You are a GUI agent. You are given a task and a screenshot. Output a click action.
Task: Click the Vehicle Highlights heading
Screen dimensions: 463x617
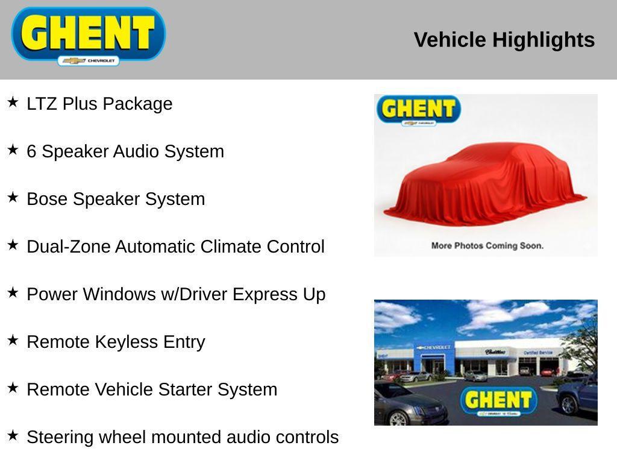504,40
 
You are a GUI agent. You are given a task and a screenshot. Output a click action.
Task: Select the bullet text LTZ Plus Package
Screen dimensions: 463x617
99,104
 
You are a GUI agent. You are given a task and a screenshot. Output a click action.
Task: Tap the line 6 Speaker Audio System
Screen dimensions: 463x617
125,151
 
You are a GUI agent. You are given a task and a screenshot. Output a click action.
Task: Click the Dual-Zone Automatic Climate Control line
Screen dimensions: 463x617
175,247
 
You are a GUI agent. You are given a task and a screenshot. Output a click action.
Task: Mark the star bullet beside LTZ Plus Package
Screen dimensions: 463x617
13,102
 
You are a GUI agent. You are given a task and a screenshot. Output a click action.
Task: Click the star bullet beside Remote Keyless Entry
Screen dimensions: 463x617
13,341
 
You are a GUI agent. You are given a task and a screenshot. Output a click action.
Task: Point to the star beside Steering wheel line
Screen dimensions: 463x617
13,436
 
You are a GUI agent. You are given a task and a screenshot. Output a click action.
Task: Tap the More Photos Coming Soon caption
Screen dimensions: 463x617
487,245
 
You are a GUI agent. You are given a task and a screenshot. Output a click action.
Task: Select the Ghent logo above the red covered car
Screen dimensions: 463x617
418,110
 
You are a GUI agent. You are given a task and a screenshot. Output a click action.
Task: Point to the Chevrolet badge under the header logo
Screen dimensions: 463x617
89,61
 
